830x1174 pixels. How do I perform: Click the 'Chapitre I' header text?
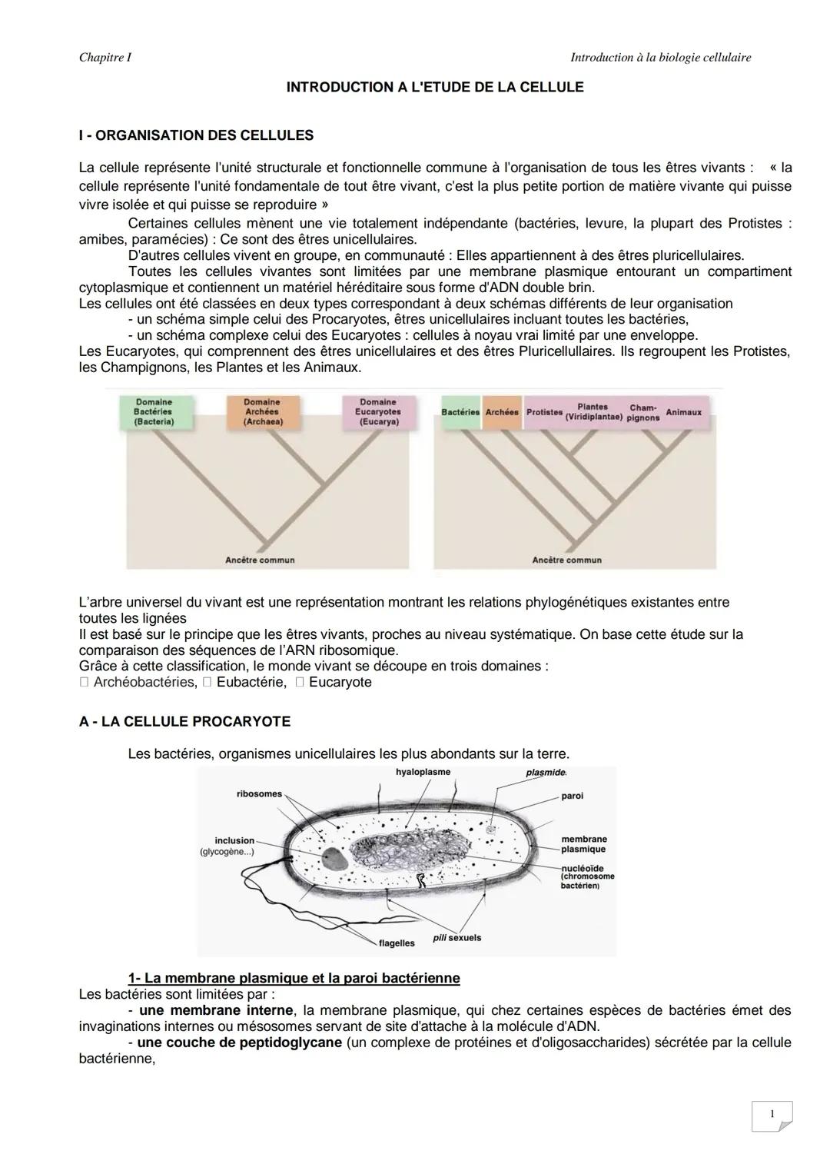pyautogui.click(x=105, y=58)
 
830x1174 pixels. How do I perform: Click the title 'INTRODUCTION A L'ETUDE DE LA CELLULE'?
pyautogui.click(x=434, y=88)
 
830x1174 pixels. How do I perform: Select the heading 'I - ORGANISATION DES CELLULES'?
pyautogui.click(x=196, y=136)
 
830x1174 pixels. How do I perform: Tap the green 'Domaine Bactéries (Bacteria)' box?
pyautogui.click(x=154, y=412)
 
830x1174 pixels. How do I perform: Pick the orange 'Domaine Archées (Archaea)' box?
pyautogui.click(x=262, y=412)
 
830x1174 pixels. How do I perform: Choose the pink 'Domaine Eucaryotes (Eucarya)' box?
pyautogui.click(x=378, y=412)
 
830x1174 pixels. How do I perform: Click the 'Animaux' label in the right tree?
pyautogui.click(x=683, y=413)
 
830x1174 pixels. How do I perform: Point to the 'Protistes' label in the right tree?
pyautogui.click(x=544, y=413)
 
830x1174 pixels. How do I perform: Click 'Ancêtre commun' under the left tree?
pyautogui.click(x=260, y=560)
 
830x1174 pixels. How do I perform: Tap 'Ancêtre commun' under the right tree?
pyautogui.click(x=566, y=560)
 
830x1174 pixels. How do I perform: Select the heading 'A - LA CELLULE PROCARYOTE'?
pyautogui.click(x=184, y=722)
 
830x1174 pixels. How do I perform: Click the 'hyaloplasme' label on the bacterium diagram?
pyautogui.click(x=423, y=772)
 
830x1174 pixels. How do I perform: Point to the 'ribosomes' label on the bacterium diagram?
pyautogui.click(x=259, y=794)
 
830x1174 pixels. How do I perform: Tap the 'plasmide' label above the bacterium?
pyautogui.click(x=546, y=772)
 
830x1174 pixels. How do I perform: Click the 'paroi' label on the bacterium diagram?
pyautogui.click(x=572, y=797)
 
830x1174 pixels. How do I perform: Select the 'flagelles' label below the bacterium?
pyautogui.click(x=397, y=943)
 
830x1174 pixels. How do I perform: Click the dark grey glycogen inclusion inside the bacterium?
pyautogui.click(x=334, y=859)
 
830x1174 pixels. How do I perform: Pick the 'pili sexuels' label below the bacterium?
pyautogui.click(x=457, y=938)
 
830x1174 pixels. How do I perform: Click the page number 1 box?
pyautogui.click(x=772, y=1115)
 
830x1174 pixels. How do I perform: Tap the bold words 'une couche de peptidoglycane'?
pyautogui.click(x=239, y=1043)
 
